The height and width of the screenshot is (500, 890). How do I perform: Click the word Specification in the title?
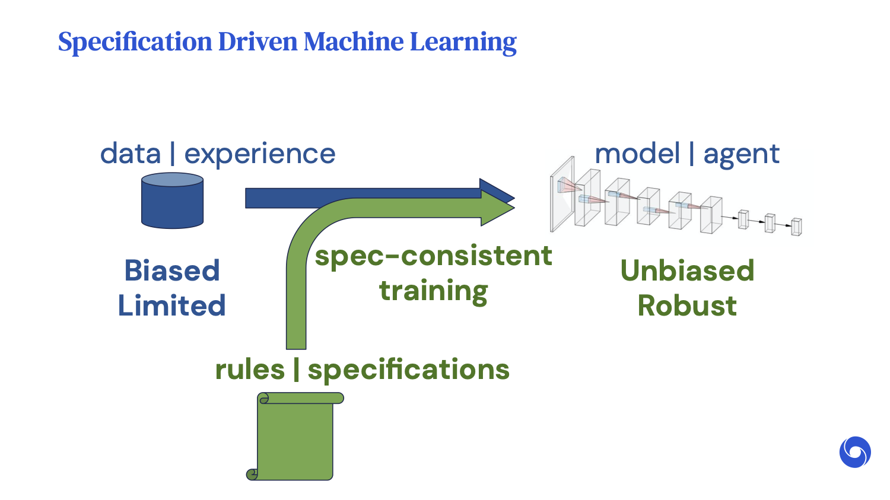pyautogui.click(x=135, y=42)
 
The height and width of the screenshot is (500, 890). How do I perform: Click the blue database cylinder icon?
pyautogui.click(x=172, y=200)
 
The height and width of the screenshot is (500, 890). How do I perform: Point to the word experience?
pyautogui.click(x=259, y=154)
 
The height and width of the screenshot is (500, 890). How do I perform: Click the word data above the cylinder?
pyautogui.click(x=131, y=154)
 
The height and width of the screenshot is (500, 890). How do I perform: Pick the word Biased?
pyautogui.click(x=172, y=271)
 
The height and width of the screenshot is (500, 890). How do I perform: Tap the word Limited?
pyautogui.click(x=171, y=306)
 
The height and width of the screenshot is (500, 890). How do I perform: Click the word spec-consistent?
pyautogui.click(x=433, y=256)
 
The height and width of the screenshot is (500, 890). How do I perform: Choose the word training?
pyautogui.click(x=433, y=291)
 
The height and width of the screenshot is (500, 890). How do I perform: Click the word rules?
pyautogui.click(x=250, y=370)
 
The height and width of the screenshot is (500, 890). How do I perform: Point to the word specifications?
pyautogui.click(x=408, y=370)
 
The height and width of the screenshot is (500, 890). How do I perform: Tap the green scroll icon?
pyautogui.click(x=295, y=437)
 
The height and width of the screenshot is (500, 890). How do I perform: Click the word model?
pyautogui.click(x=637, y=154)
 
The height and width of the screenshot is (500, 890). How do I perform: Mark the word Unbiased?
pyautogui.click(x=687, y=271)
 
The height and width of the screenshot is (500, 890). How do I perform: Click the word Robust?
pyautogui.click(x=687, y=306)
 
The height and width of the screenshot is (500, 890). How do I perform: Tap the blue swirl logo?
pyautogui.click(x=855, y=452)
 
